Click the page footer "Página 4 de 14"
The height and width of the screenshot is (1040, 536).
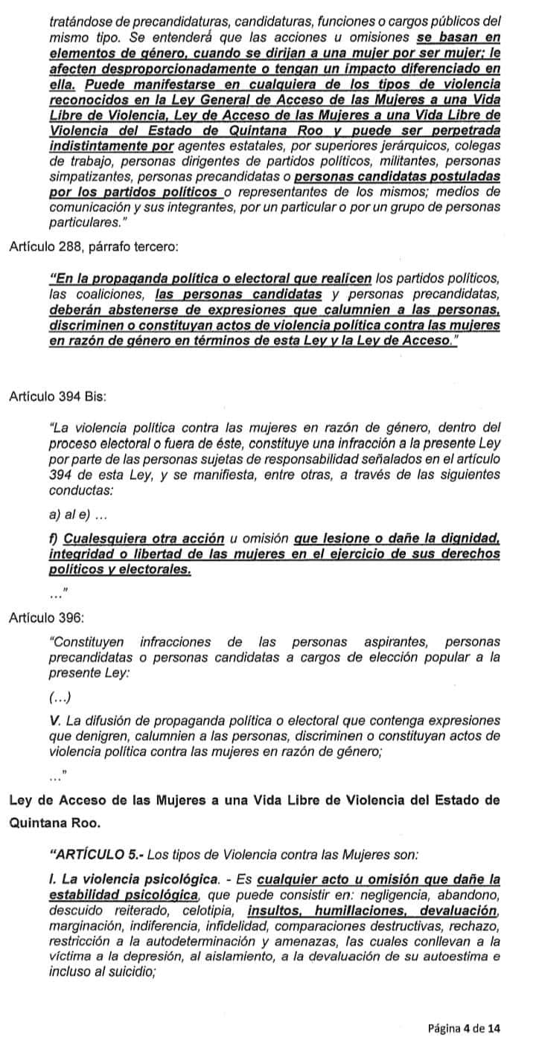pos(465,1028)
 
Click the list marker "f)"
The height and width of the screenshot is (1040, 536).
pos(53,538)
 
